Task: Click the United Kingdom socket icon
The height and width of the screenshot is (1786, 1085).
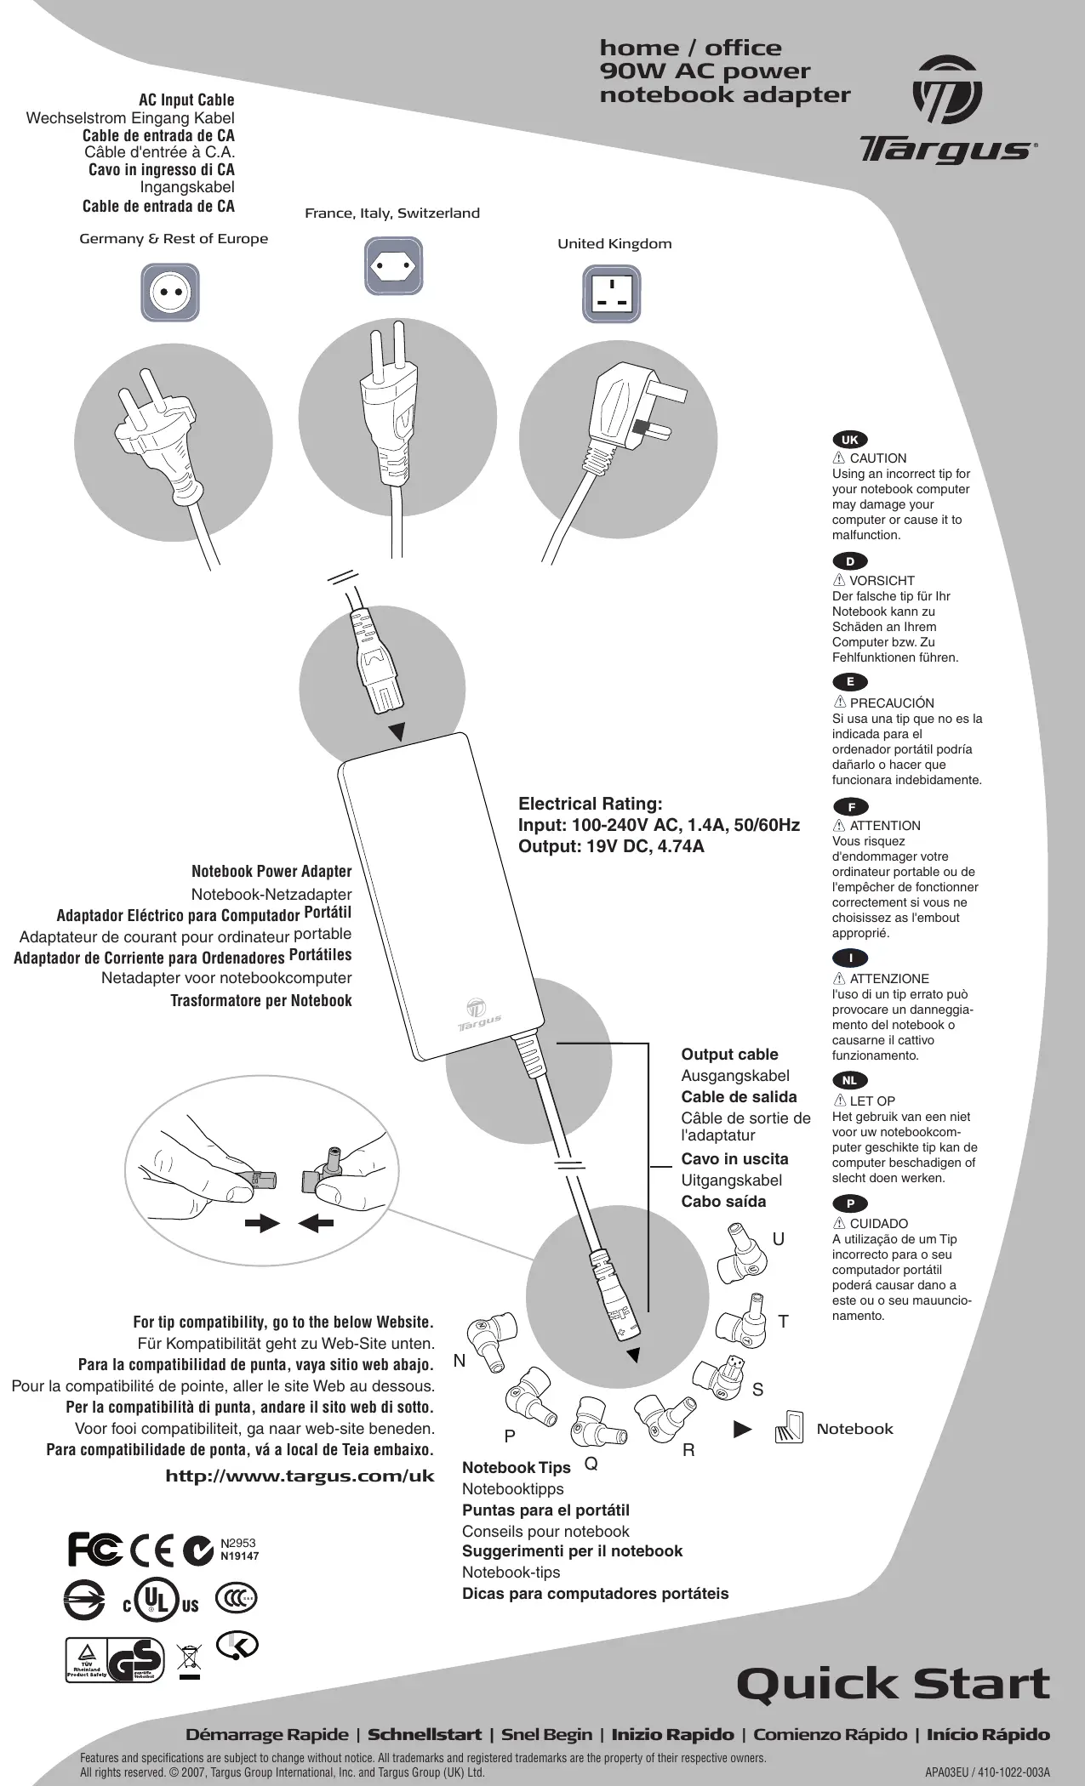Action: [612, 293]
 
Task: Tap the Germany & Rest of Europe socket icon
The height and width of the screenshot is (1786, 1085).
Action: [170, 293]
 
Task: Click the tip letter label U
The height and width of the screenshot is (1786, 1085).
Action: [779, 1239]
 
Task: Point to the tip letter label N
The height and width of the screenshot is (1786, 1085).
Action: [460, 1361]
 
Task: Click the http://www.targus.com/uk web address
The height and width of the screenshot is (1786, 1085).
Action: [300, 1476]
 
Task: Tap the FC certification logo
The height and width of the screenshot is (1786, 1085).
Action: [94, 1549]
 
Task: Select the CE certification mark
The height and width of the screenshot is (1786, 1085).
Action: [153, 1549]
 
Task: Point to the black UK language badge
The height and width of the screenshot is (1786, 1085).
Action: [849, 440]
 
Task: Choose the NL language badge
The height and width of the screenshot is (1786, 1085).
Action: [849, 1081]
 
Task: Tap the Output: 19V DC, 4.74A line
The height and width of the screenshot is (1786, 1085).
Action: [611, 847]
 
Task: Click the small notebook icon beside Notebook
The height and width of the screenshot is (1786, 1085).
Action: [790, 1428]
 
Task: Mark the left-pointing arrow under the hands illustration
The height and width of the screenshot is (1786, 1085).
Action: [316, 1223]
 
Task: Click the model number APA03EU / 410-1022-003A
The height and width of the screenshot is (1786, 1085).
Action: [987, 1773]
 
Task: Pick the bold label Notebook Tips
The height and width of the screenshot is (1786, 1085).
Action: [516, 1468]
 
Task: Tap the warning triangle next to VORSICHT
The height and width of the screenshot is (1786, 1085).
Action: [839, 581]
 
